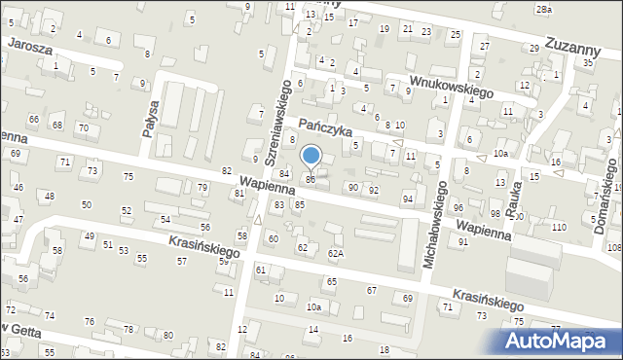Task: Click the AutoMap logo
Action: [560, 342]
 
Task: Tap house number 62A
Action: [336, 254]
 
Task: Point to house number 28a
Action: [543, 9]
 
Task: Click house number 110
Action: [559, 227]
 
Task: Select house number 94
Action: [408, 198]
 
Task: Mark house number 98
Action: [495, 214]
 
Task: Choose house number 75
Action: [128, 176]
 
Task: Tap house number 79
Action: [202, 187]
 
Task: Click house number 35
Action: [587, 62]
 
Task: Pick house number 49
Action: [90, 236]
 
